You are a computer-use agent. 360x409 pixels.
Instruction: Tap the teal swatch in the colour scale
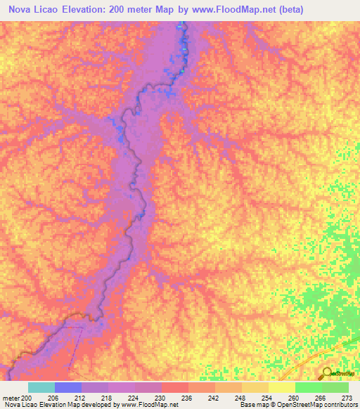pos(41,387)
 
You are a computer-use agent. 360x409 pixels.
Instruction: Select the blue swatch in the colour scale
pos(68,387)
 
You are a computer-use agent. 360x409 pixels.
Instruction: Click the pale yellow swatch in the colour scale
pos(282,387)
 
